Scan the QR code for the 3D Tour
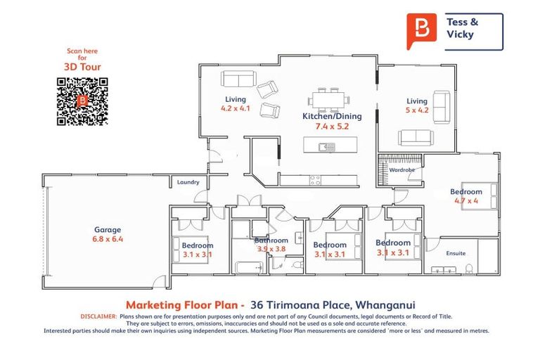click(x=81, y=101)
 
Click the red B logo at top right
click(x=421, y=32)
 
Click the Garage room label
click(x=108, y=229)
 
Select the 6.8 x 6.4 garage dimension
click(x=108, y=239)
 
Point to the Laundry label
click(x=188, y=182)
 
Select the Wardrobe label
click(x=402, y=169)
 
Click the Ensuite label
click(x=456, y=253)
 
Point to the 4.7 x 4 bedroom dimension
click(x=466, y=201)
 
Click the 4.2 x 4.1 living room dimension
click(x=235, y=109)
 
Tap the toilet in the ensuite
click(x=470, y=267)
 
